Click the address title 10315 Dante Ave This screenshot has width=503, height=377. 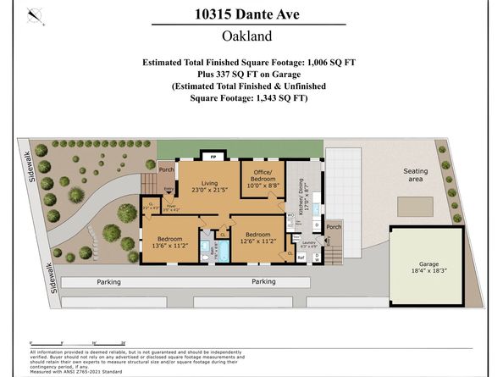click(x=251, y=14)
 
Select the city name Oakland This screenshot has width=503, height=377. click(x=251, y=36)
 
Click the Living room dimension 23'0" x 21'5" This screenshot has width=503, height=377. click(x=204, y=190)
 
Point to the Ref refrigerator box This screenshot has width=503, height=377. click(x=301, y=257)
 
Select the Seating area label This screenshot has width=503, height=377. click(x=415, y=175)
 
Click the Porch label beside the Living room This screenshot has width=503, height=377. click(x=165, y=167)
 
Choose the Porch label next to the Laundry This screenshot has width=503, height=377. click(x=334, y=226)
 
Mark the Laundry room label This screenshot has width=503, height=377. click(x=311, y=243)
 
